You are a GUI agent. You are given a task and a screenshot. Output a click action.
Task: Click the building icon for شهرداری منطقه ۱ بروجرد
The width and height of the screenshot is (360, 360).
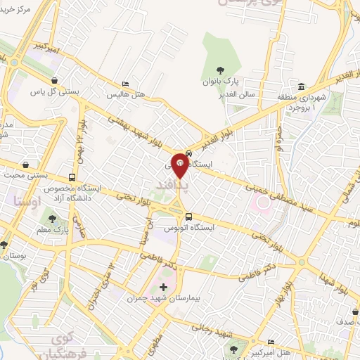(x=301, y=86)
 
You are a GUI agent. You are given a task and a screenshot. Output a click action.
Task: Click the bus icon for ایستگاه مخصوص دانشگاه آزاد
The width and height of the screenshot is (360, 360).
(x=72, y=178)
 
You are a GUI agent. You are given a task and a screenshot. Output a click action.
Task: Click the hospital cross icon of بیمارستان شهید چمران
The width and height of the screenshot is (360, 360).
(x=164, y=288)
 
